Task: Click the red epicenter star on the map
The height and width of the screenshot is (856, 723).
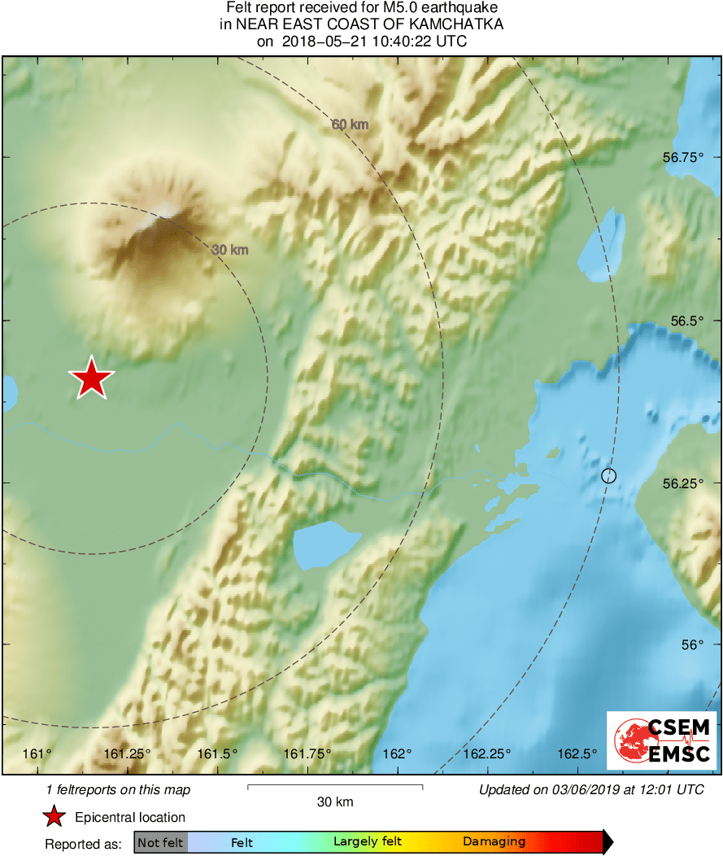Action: coord(92,378)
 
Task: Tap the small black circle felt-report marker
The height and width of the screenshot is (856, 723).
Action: coord(608,475)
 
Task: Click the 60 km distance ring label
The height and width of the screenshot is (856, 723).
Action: coord(351,124)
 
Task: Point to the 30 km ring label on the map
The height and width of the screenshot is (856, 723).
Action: coord(229,250)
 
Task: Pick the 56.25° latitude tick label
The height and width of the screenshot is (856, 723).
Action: coord(682,483)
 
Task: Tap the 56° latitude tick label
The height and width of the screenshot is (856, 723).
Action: coord(691,644)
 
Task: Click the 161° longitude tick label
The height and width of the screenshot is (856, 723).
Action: coord(38,753)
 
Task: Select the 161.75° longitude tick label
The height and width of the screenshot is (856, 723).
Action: coord(308,753)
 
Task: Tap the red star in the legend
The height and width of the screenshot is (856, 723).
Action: coord(54,817)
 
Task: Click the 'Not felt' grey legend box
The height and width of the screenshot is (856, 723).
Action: coord(160,842)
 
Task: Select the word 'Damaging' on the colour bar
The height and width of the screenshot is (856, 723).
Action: coord(494,842)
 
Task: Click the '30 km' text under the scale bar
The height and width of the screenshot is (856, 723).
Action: coord(334,802)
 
